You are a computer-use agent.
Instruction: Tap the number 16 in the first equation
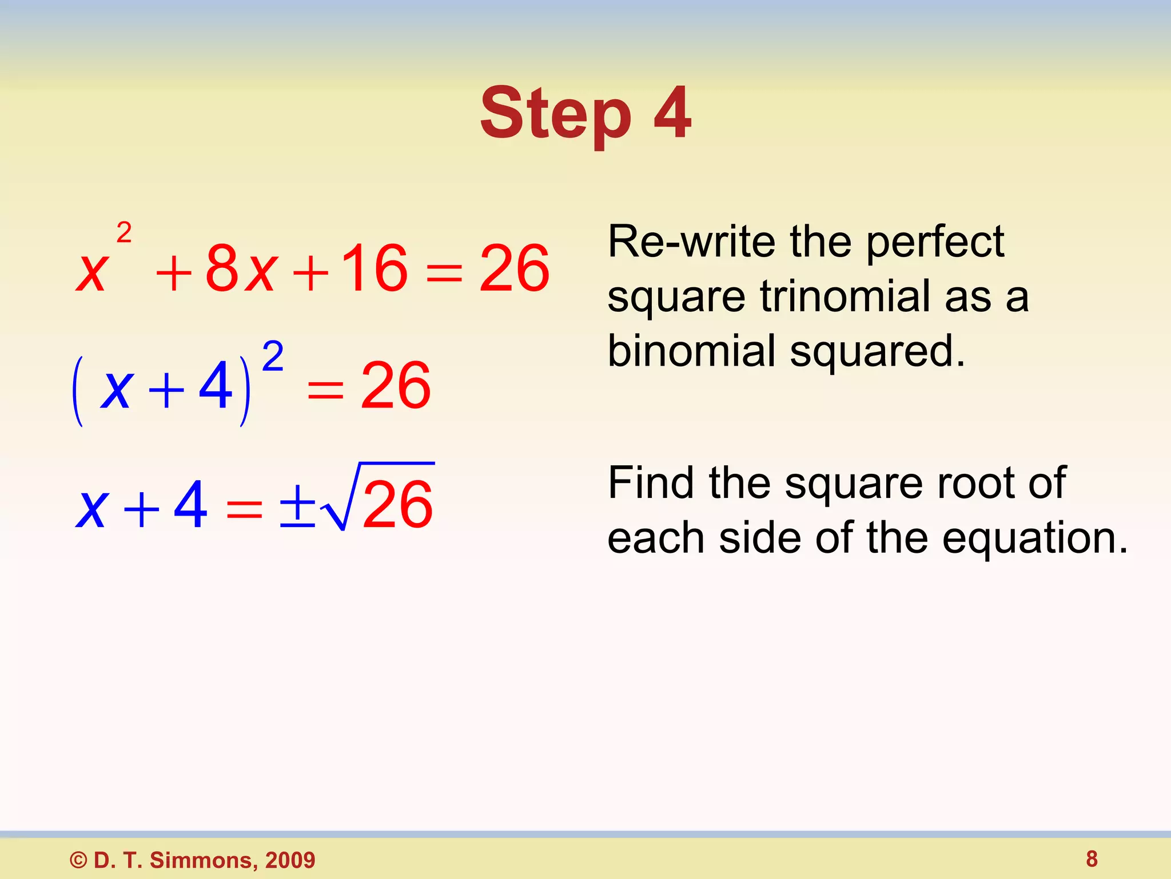coord(375,267)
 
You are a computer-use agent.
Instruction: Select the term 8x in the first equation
coord(241,267)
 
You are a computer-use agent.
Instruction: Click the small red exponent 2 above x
coord(124,233)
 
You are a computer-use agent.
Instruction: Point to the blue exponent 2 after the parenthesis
coord(273,356)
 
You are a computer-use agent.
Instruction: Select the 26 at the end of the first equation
coord(514,267)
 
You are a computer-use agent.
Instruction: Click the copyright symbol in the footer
coord(78,860)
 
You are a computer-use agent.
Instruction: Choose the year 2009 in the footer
coord(290,860)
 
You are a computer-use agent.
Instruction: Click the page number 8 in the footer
coord(1092,859)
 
